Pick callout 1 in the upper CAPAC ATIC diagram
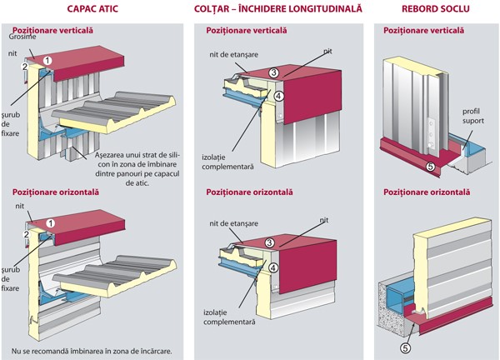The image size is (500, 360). point(49,60)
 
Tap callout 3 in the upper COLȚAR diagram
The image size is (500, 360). point(272,73)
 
